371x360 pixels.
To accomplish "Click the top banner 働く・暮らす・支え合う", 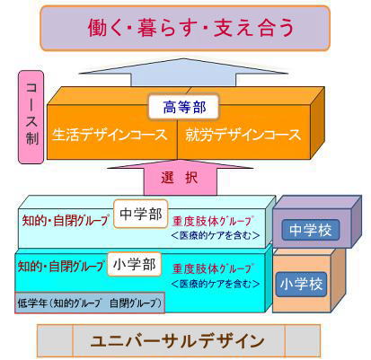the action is pyautogui.click(x=185, y=28).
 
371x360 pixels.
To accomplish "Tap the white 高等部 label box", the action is pyautogui.click(x=184, y=107).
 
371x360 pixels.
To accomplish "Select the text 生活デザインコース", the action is pyautogui.click(x=110, y=135).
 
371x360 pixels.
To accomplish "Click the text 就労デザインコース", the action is pyautogui.click(x=243, y=135).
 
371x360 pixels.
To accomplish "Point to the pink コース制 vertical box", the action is pyautogui.click(x=31, y=117).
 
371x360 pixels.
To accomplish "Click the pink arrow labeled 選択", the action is pyautogui.click(x=180, y=178).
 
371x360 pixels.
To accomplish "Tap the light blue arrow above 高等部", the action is pyautogui.click(x=183, y=73).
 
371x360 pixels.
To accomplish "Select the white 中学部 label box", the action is pyautogui.click(x=141, y=214).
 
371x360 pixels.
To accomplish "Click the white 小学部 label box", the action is pyautogui.click(x=135, y=264).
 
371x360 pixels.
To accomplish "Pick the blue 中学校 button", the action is pyautogui.click(x=311, y=230).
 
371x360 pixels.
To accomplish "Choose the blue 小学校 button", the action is pyautogui.click(x=301, y=284).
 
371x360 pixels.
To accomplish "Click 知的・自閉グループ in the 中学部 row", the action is pyautogui.click(x=66, y=221).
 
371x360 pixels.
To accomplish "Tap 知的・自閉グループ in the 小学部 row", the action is pyautogui.click(x=61, y=266).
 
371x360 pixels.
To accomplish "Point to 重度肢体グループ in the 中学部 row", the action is pyautogui.click(x=213, y=222).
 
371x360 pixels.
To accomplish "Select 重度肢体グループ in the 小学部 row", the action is pyautogui.click(x=213, y=268).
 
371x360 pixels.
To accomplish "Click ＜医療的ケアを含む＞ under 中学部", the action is pyautogui.click(x=216, y=236).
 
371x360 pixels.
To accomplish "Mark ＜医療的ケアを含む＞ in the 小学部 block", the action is pyautogui.click(x=216, y=284).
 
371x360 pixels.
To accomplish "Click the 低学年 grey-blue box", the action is pyautogui.click(x=90, y=303).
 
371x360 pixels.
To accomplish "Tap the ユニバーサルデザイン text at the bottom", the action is pyautogui.click(x=177, y=341).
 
